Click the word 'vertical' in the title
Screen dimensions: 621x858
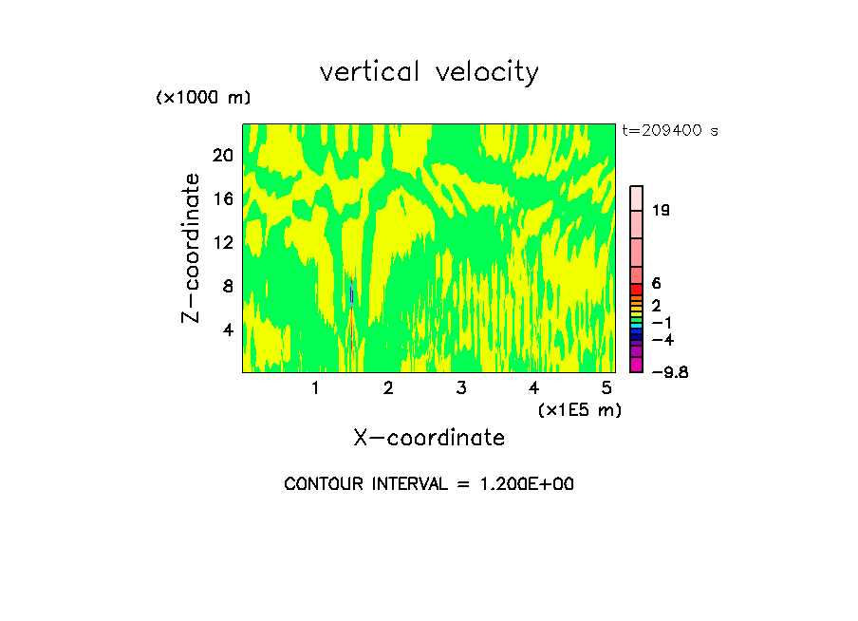tap(370, 72)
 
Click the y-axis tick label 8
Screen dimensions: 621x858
tap(227, 286)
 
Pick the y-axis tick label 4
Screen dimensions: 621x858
tap(227, 329)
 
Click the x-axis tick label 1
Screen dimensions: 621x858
tap(315, 387)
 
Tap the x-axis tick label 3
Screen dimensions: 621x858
tap(460, 387)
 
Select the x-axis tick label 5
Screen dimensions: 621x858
tap(606, 387)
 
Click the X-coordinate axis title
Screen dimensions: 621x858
tap(429, 438)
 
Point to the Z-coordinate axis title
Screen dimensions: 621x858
tap(192, 248)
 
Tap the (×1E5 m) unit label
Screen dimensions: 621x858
tap(579, 409)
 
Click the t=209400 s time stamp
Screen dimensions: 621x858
tap(669, 131)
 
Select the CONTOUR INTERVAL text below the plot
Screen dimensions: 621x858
tap(429, 484)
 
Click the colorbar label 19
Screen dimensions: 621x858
tap(662, 211)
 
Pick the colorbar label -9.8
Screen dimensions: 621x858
tap(669, 372)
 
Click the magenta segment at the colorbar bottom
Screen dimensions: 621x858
tap(637, 365)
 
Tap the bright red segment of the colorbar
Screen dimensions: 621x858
tap(637, 290)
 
